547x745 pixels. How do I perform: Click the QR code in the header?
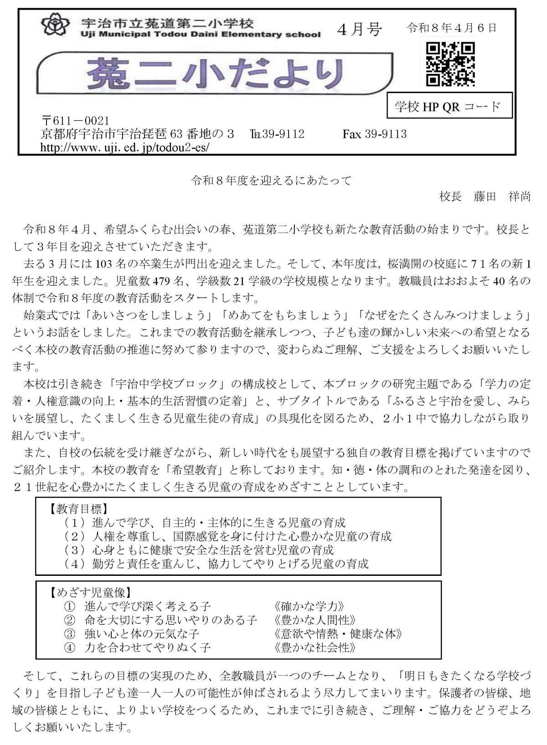coord(450,64)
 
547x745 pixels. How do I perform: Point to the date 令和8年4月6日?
coord(451,28)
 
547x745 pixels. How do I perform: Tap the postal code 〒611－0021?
coord(75,121)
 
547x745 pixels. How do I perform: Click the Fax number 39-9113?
coord(374,134)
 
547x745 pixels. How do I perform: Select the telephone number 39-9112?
coord(277,134)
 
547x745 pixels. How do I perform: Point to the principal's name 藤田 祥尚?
coord(502,197)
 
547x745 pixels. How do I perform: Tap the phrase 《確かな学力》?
coord(309,606)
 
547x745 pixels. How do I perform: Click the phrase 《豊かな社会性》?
coord(315,647)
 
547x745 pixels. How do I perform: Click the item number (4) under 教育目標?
coord(75,564)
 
